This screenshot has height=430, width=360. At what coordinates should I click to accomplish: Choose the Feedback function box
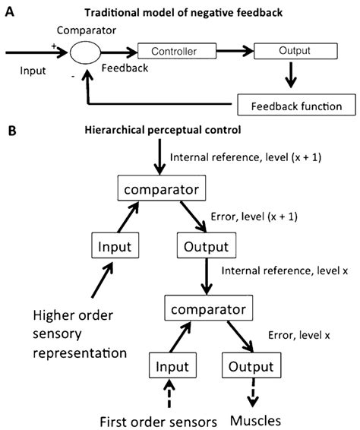(x=289, y=103)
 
